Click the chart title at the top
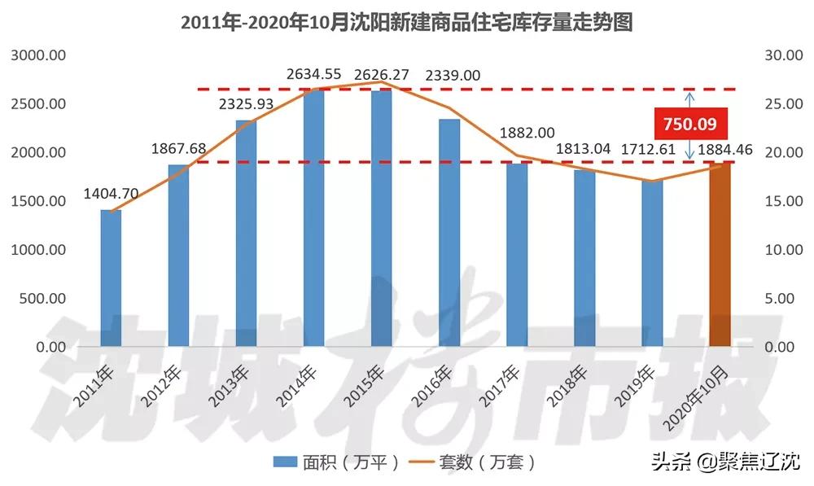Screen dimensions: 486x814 (406, 22)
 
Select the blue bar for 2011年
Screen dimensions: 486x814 (111, 278)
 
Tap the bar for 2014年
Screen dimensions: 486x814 (313, 218)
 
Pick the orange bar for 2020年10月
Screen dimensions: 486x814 (720, 254)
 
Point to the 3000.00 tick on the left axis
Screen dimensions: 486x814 (38, 55)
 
